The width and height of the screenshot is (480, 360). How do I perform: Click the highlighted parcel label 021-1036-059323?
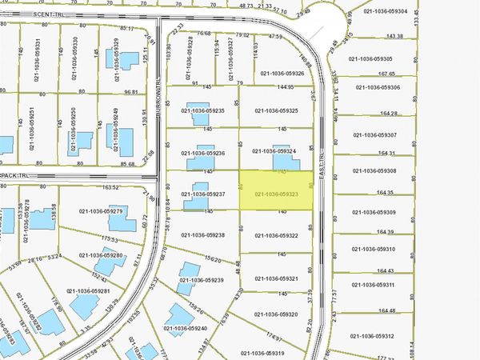click(x=276, y=194)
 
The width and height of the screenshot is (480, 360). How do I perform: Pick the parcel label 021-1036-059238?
click(x=203, y=235)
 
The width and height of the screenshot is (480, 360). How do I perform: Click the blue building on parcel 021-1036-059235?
click(x=195, y=109)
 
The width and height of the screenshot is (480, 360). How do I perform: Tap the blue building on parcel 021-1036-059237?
click(x=195, y=194)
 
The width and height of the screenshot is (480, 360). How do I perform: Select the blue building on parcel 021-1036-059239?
click(x=188, y=272)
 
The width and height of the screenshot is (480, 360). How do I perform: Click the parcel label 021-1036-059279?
click(x=101, y=211)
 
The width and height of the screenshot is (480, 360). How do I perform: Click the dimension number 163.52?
click(x=110, y=187)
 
